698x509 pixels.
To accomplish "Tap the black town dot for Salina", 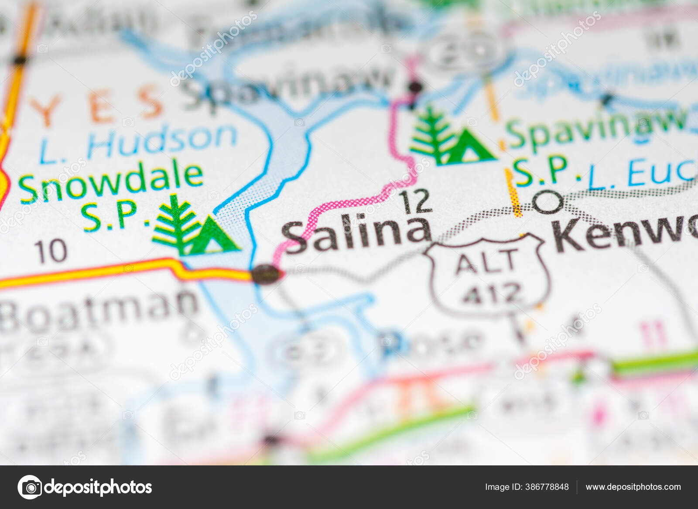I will pos(266,274).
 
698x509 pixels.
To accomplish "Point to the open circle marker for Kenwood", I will pos(548,202).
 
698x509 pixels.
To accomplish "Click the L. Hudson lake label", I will pos(138,141).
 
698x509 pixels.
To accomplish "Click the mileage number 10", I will pos(51,252).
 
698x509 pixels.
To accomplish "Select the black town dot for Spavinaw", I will pos(416,87).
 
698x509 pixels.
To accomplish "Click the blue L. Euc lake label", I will pos(641,174).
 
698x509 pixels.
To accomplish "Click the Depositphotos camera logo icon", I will pos(30,487).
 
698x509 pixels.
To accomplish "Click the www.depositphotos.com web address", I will pos(633,487).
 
